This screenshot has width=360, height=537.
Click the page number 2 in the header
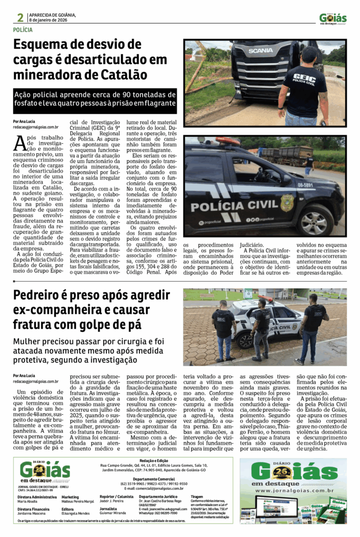click(19, 18)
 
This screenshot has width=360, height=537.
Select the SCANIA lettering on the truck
click(260, 50)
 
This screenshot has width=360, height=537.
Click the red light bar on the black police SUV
click(228, 141)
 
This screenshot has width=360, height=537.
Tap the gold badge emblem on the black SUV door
click(287, 202)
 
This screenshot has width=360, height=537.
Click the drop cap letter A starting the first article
click(20, 143)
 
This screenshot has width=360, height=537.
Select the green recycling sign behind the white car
click(248, 294)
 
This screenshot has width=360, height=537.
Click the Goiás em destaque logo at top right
click(333, 18)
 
